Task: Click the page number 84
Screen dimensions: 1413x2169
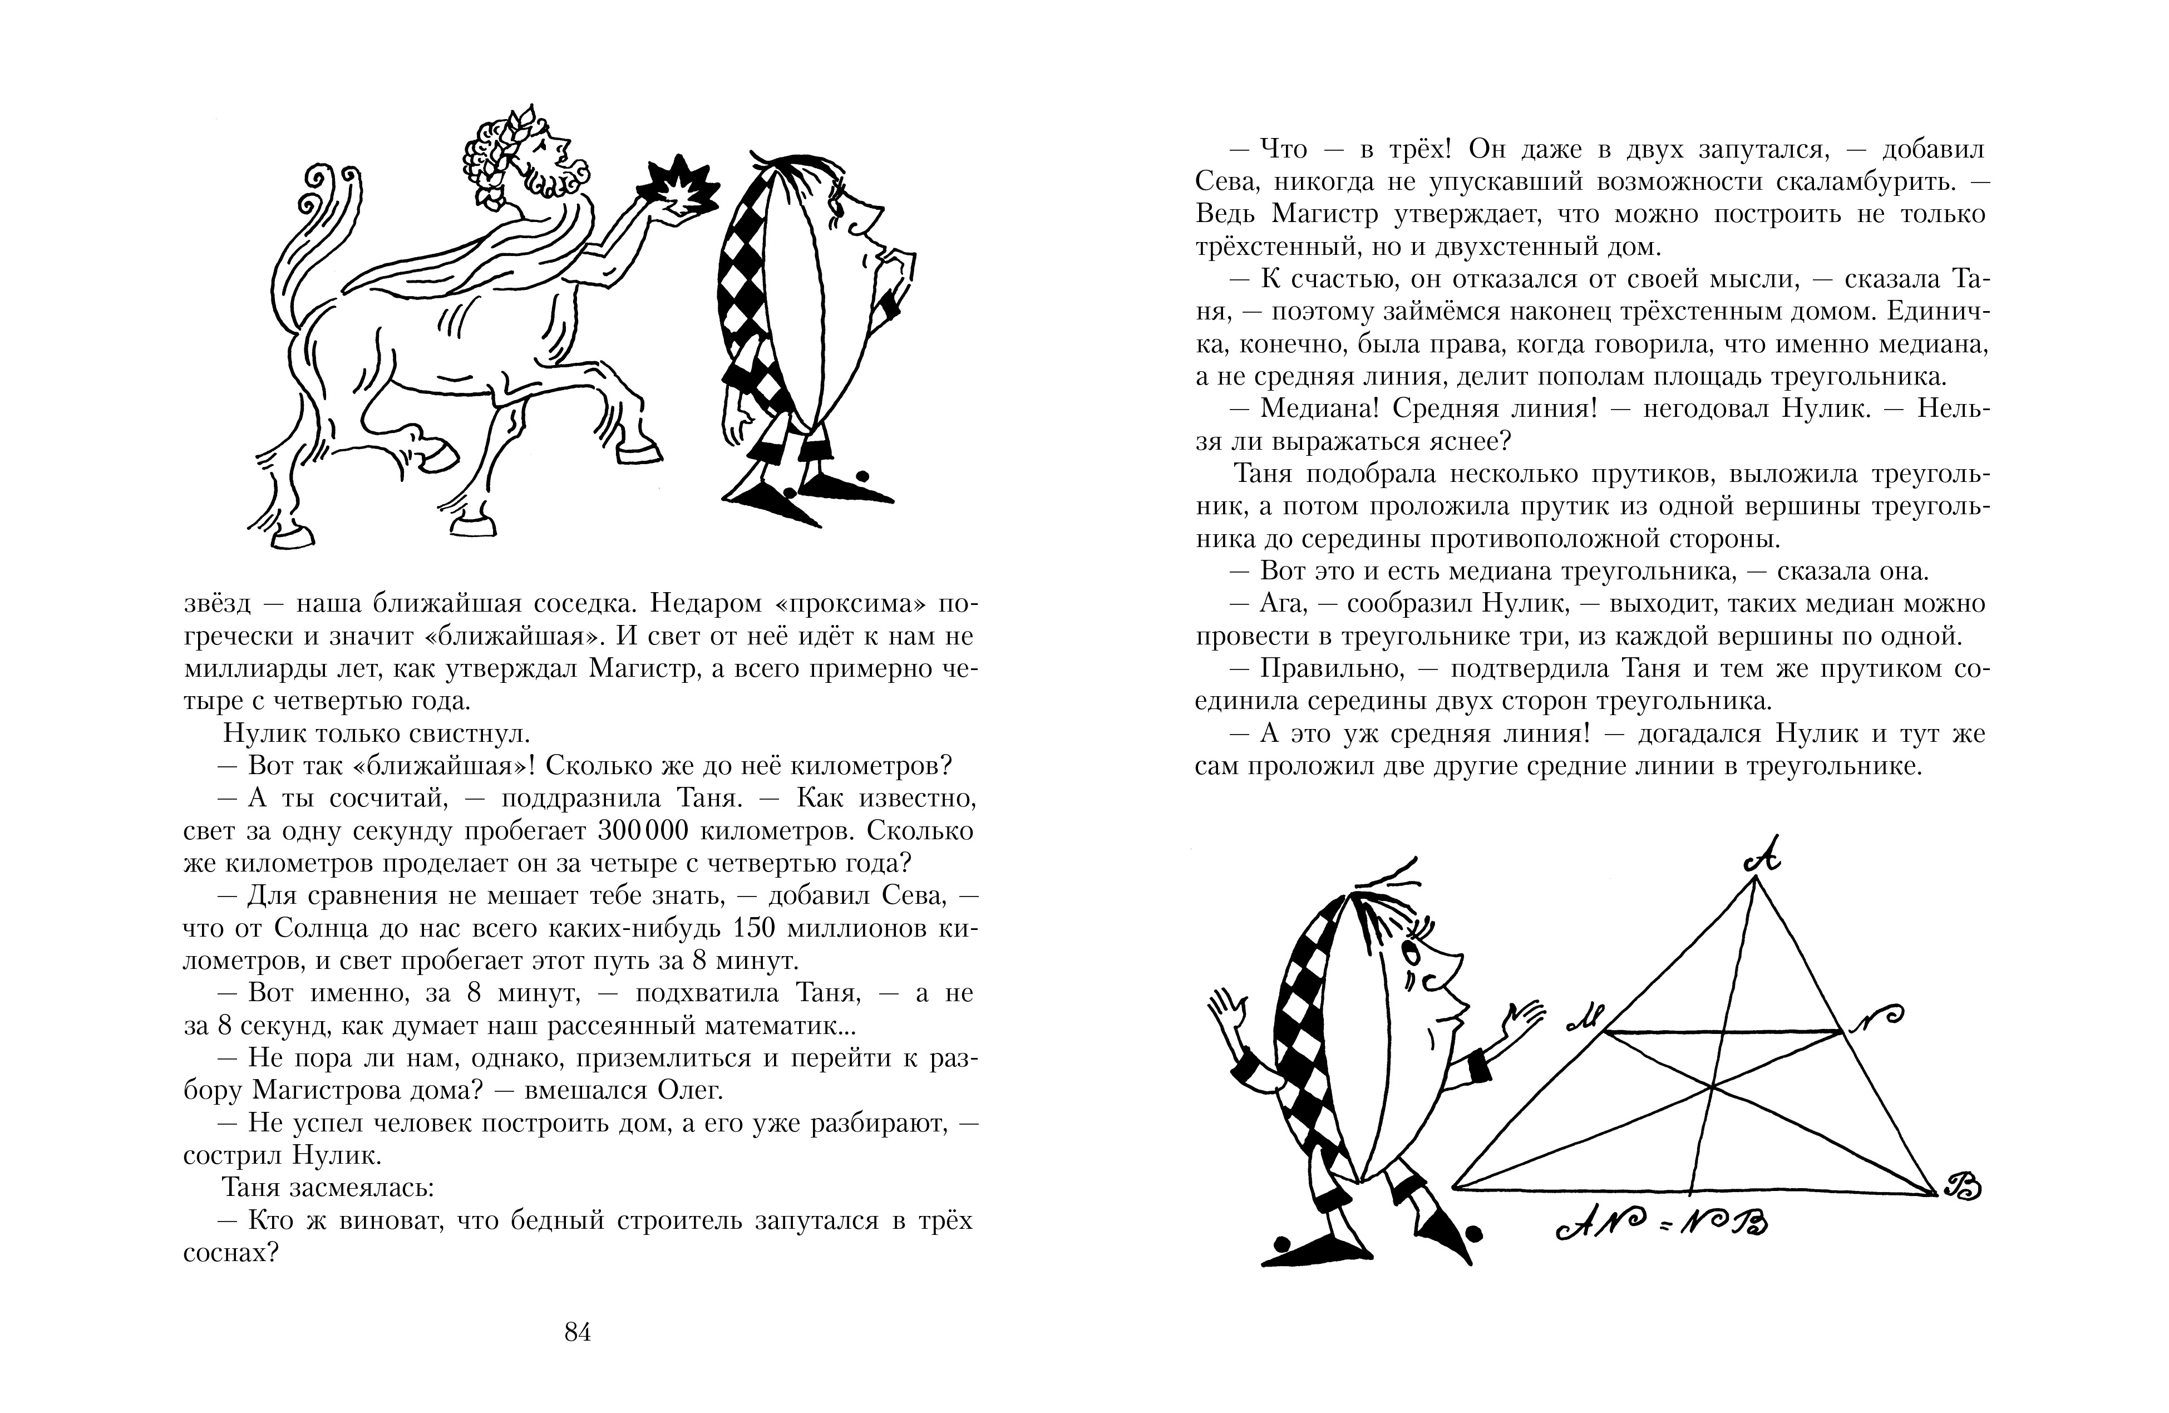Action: pos(578,1333)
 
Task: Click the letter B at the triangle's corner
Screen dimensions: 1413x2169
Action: pos(1962,1187)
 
